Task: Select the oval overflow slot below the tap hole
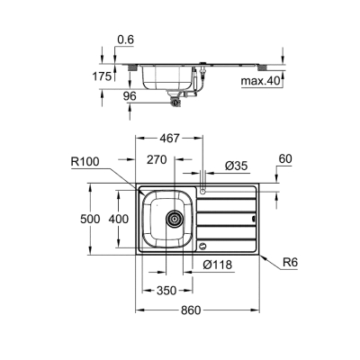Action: (x=203, y=245)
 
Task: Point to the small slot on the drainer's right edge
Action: (x=252, y=219)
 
